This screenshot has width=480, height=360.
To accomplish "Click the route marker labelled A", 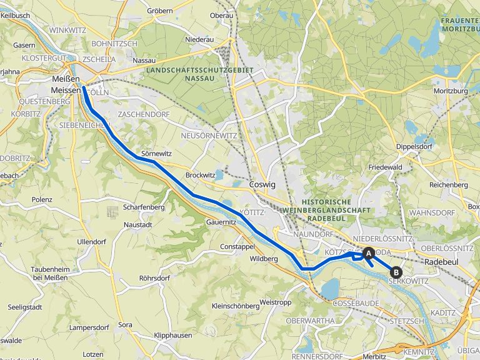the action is coord(368,253).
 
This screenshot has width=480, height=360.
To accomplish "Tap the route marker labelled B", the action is coord(396,272).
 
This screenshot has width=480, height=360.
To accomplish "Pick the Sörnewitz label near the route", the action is coord(156,153).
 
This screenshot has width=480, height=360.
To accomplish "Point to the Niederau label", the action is coord(199,39).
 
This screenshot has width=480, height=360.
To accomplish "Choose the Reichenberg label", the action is coord(449,186).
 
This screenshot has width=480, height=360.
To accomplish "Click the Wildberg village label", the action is coord(263,258).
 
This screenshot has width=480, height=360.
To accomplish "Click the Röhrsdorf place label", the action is coord(154,277).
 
